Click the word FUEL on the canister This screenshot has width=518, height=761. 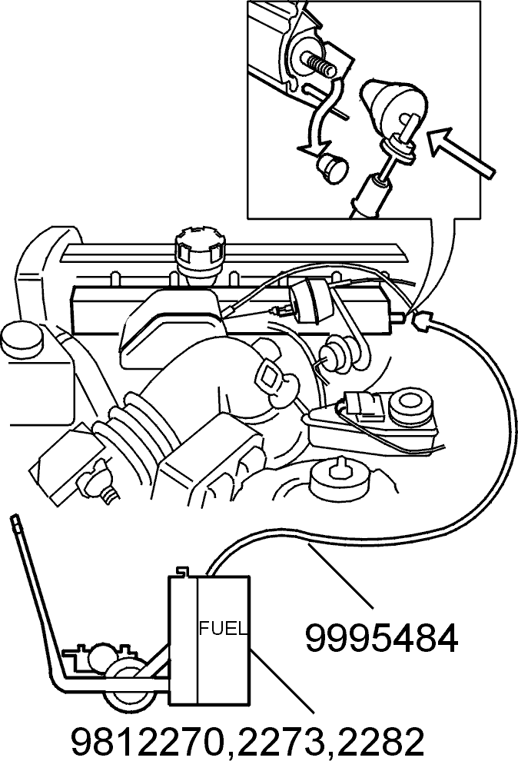(x=224, y=630)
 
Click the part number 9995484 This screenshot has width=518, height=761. (x=381, y=640)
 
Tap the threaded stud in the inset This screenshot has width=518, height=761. (x=318, y=65)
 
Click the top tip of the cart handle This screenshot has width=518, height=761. (x=15, y=519)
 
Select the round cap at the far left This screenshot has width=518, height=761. (x=22, y=339)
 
